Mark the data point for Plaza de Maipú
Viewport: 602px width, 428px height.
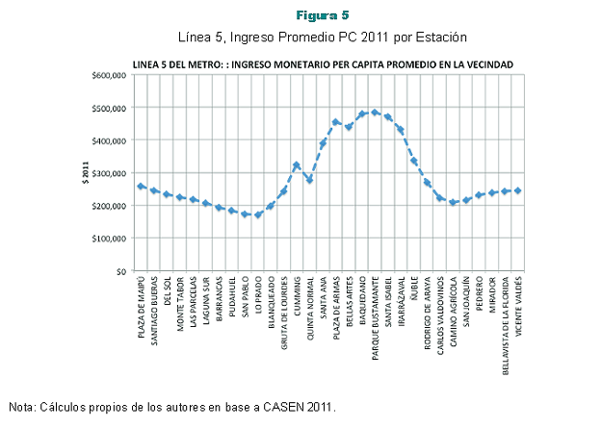pyautogui.click(x=141, y=187)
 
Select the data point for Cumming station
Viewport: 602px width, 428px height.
pyautogui.click(x=297, y=165)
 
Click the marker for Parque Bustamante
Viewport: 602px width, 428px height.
pyautogui.click(x=375, y=113)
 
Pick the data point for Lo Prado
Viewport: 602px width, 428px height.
pyautogui.click(x=258, y=214)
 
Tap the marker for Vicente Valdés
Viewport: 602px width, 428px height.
pyautogui.click(x=517, y=190)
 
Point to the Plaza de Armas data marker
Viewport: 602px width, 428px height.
pyautogui.click(x=335, y=123)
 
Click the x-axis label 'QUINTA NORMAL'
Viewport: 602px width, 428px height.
pyautogui.click(x=309, y=308)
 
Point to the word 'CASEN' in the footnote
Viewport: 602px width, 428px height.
pyautogui.click(x=277, y=407)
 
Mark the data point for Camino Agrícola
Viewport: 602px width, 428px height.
pyautogui.click(x=453, y=202)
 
